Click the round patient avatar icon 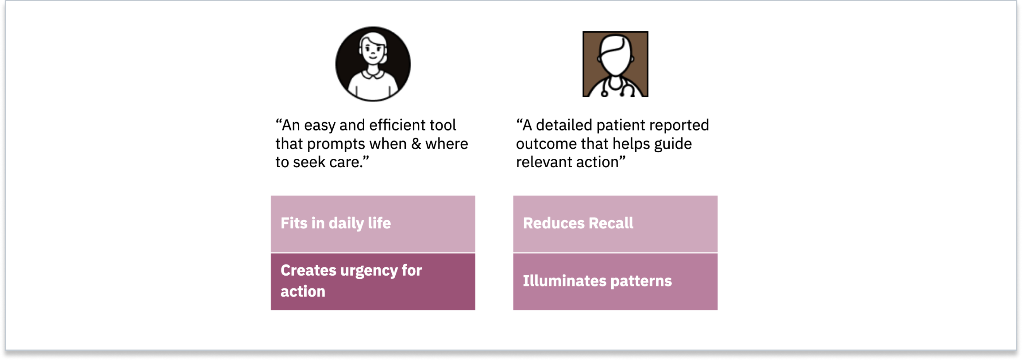[373, 64]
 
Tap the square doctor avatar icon [616, 64]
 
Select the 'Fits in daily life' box [373, 224]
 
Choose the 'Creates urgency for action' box [373, 282]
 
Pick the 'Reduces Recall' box [616, 224]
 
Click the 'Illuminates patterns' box [616, 282]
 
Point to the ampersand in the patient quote [416, 144]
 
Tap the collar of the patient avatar [373, 74]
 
